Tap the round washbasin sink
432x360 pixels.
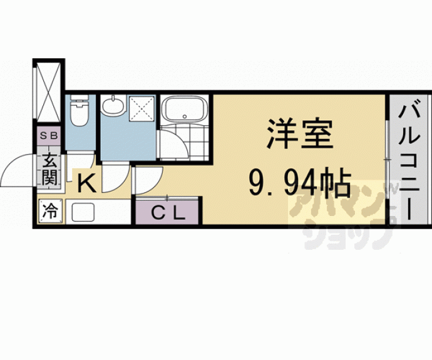pos(113,105)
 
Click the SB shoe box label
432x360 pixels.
pos(48,135)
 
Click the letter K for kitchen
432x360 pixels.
pos(86,183)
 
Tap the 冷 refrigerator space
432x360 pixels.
pos(49,211)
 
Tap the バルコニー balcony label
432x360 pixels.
pos(409,160)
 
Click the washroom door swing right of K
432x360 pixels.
pos(114,178)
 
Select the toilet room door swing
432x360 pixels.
pos(81,160)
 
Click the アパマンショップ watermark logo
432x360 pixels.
pos(341,213)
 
